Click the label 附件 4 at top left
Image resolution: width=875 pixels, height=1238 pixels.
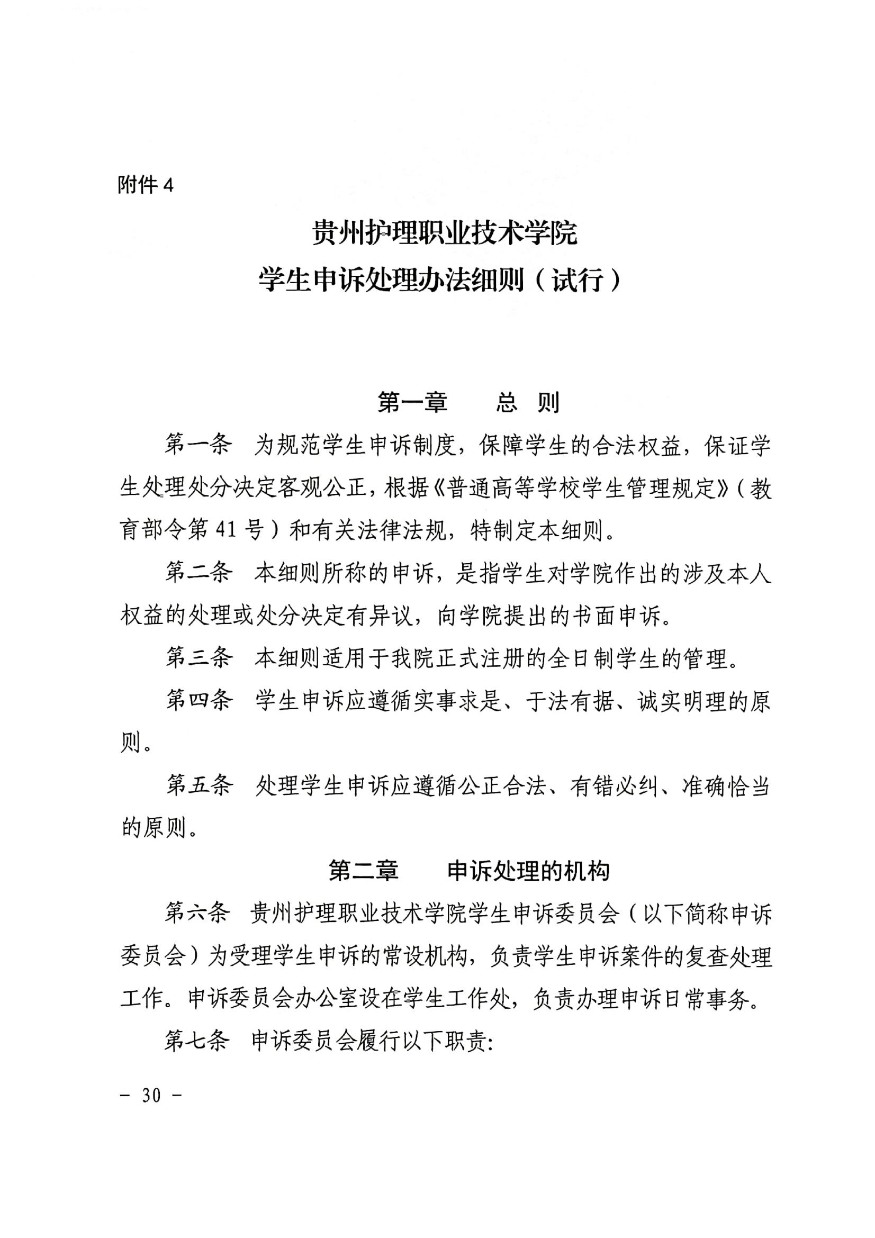coord(146,185)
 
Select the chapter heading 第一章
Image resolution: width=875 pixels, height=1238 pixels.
coord(412,403)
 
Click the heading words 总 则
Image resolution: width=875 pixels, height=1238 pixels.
coord(528,403)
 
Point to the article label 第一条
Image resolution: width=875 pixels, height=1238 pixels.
coord(199,445)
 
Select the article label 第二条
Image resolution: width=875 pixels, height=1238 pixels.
coord(199,573)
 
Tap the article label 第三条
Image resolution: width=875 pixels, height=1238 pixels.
coord(199,658)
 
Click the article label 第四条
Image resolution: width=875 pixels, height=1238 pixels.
coord(199,701)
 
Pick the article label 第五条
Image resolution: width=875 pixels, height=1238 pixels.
coord(199,785)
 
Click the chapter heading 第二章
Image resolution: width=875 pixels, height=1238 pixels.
coord(363,871)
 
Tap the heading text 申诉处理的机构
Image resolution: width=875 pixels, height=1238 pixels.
coord(528,871)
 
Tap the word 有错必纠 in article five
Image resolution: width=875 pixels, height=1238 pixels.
coord(614,785)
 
